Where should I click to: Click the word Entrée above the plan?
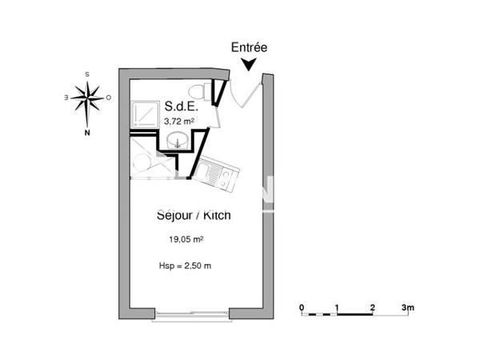point(249,48)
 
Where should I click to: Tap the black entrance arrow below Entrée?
point(250,64)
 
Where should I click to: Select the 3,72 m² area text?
point(179,122)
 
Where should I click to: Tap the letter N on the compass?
point(87,134)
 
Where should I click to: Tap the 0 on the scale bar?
point(302,307)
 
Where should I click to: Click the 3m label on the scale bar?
point(407,307)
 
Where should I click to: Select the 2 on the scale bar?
point(373,307)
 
